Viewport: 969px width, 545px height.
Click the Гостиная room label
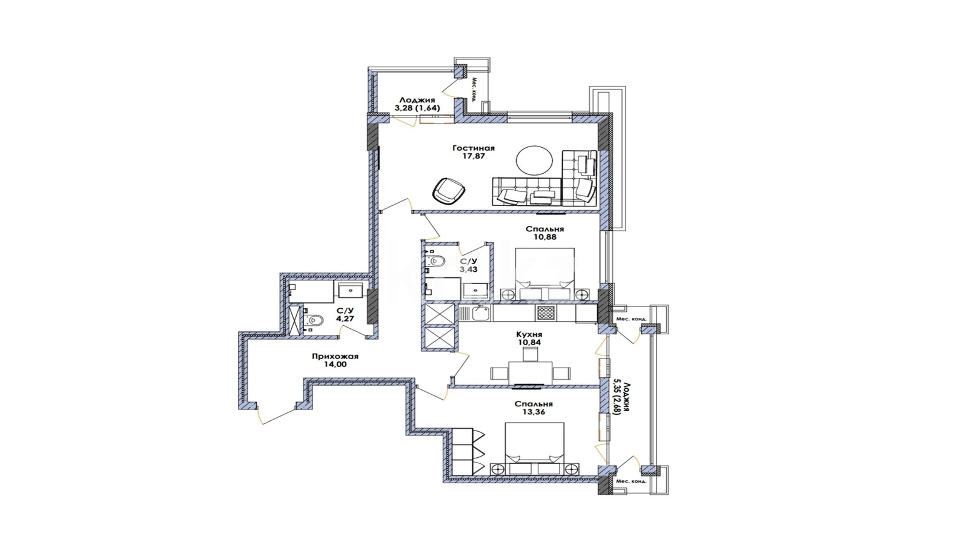pyautogui.click(x=473, y=148)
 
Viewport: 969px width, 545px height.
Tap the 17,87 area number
pyautogui.click(x=473, y=156)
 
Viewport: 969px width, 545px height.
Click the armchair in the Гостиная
pyautogui.click(x=449, y=190)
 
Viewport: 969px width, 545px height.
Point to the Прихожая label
pyautogui.click(x=336, y=357)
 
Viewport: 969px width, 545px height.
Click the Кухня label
pyautogui.click(x=529, y=334)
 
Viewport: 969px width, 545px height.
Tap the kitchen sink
pyautogui.click(x=480, y=313)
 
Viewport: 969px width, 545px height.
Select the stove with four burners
pyautogui.click(x=546, y=312)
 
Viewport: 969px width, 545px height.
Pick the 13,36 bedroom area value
pyautogui.click(x=534, y=412)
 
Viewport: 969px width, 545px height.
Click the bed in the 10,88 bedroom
pyautogui.click(x=544, y=273)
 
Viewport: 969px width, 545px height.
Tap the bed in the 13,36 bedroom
pyautogui.click(x=535, y=449)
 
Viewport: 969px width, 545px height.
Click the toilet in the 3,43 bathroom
pyautogui.click(x=435, y=261)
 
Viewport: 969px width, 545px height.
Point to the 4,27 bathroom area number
pyautogui.click(x=345, y=319)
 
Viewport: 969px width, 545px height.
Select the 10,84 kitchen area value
pyautogui.click(x=529, y=342)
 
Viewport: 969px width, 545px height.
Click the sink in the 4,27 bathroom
pyautogui.click(x=350, y=290)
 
